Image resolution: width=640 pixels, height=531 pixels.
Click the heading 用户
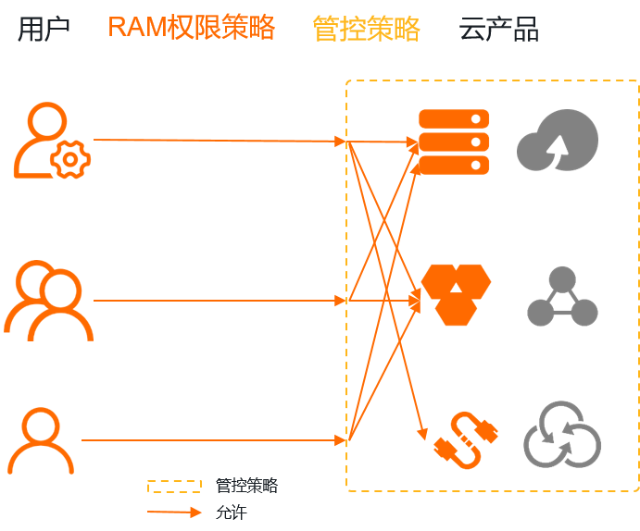pos(44,29)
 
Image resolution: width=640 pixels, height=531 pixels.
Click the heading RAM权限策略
pos(191,28)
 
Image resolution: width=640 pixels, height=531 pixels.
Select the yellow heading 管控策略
pos(366,29)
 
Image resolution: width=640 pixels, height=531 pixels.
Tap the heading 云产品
pos(498,29)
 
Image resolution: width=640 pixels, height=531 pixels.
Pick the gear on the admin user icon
pos(70,160)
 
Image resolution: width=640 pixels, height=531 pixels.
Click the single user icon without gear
pos(41,441)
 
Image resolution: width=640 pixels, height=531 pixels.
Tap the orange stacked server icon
pos(454,142)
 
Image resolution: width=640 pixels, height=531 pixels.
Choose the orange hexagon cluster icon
pos(455,294)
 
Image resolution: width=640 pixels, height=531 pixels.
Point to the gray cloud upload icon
pos(557,141)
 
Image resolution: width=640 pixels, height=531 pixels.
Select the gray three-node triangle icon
pos(562,297)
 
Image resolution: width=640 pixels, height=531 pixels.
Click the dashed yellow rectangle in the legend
pos(174,486)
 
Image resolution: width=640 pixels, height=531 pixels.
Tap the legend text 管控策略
pos(246,486)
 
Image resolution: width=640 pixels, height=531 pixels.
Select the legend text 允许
pos(232,512)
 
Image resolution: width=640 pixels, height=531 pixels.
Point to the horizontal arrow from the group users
pos(219,301)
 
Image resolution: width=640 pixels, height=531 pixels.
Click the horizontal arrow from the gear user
pos(219,141)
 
